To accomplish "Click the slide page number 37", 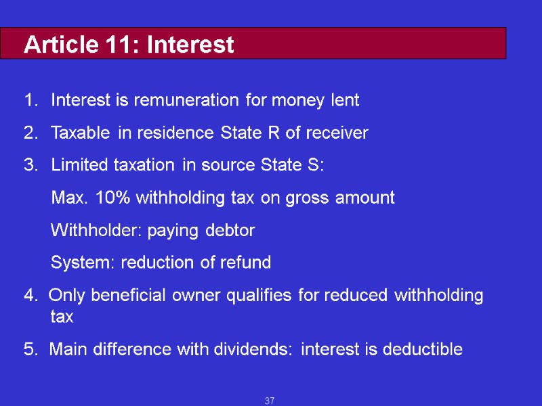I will click(x=270, y=401).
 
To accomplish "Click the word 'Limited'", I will click(x=77, y=165).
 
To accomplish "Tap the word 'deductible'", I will click(x=422, y=350).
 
